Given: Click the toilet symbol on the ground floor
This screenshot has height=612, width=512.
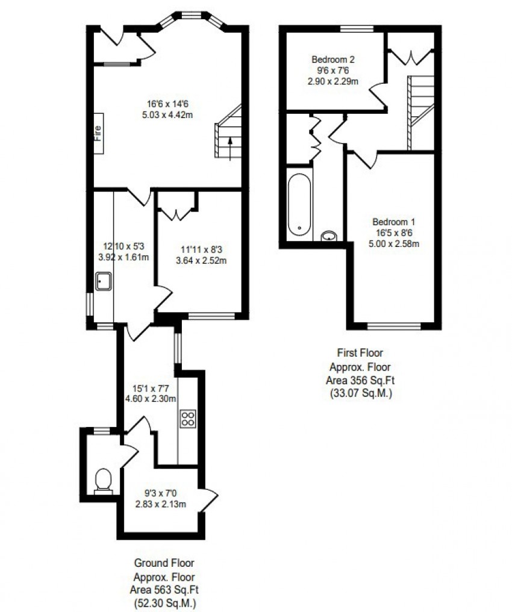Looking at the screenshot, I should click(x=104, y=480).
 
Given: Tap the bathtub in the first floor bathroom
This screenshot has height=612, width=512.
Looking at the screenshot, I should click(x=299, y=205).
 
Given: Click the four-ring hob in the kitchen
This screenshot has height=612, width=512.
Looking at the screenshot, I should click(x=188, y=418).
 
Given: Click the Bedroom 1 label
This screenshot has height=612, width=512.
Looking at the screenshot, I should click(x=393, y=221).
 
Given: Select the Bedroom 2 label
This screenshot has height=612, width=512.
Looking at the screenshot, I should click(x=333, y=60).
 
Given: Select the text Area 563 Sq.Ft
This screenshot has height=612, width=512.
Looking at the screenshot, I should click(x=164, y=590).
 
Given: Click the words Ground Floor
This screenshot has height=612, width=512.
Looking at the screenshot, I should click(x=164, y=563).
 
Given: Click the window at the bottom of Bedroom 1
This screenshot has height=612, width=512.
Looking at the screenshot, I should click(x=394, y=326).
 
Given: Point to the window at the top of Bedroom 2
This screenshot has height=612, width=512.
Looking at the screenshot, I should click(x=356, y=28).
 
